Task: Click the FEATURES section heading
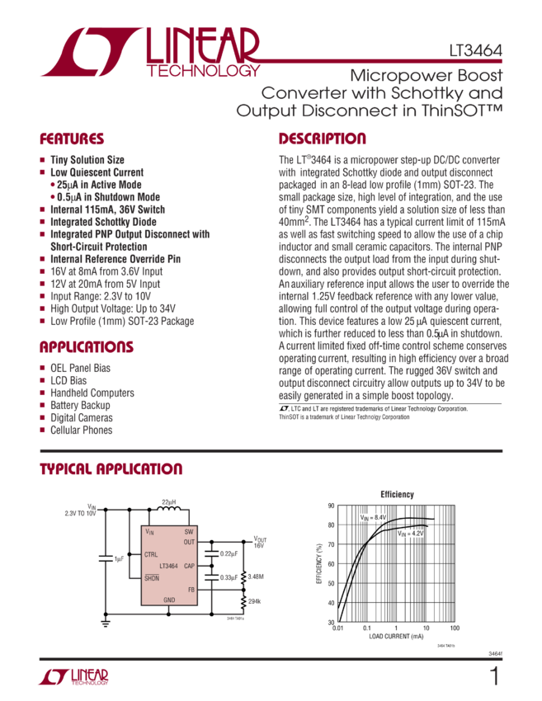(73, 139)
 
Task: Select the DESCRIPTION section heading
(322, 139)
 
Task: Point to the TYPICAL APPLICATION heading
(111, 469)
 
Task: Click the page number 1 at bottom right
(493, 678)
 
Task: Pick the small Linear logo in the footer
(73, 678)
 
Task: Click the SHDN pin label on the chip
(152, 578)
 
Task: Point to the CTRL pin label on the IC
(151, 554)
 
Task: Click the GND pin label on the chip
(169, 599)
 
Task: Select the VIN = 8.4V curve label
(373, 517)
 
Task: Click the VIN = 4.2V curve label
(410, 534)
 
